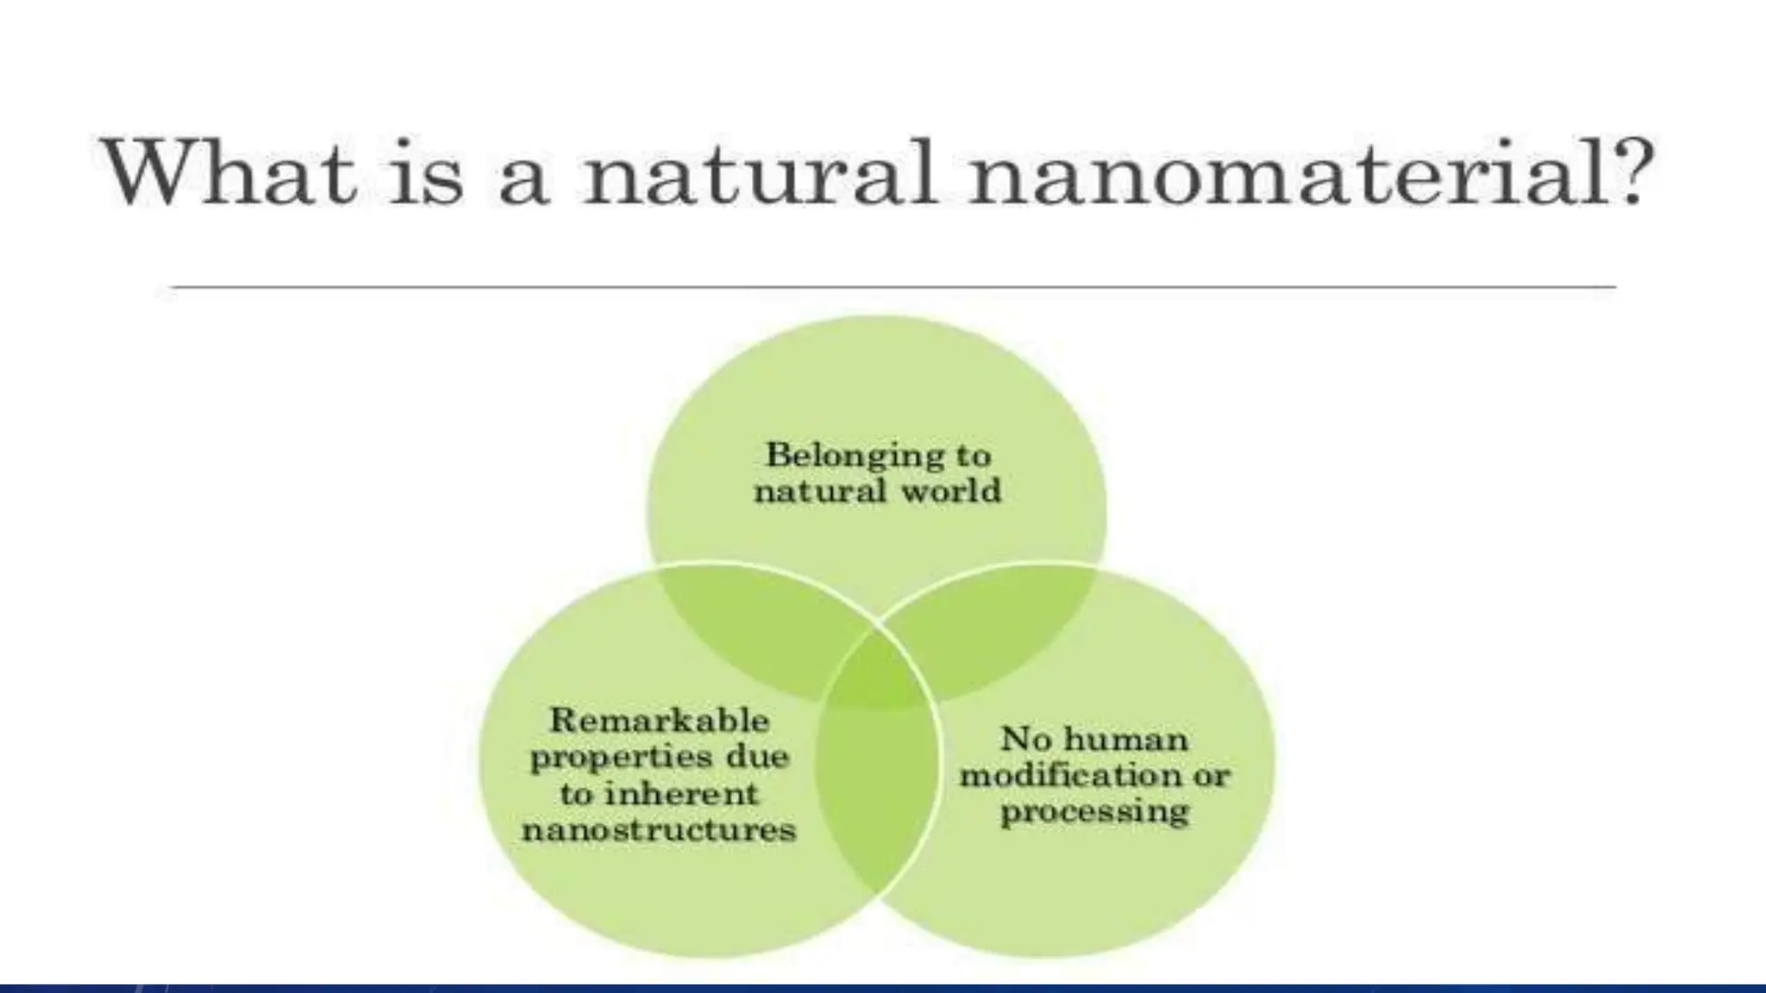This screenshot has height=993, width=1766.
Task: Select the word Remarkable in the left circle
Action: click(660, 720)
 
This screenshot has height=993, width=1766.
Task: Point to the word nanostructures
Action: click(660, 831)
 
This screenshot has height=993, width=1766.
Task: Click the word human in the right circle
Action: click(1125, 740)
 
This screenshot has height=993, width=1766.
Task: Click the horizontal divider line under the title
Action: click(892, 286)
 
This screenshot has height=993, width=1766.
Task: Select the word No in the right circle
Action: click(1026, 740)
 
